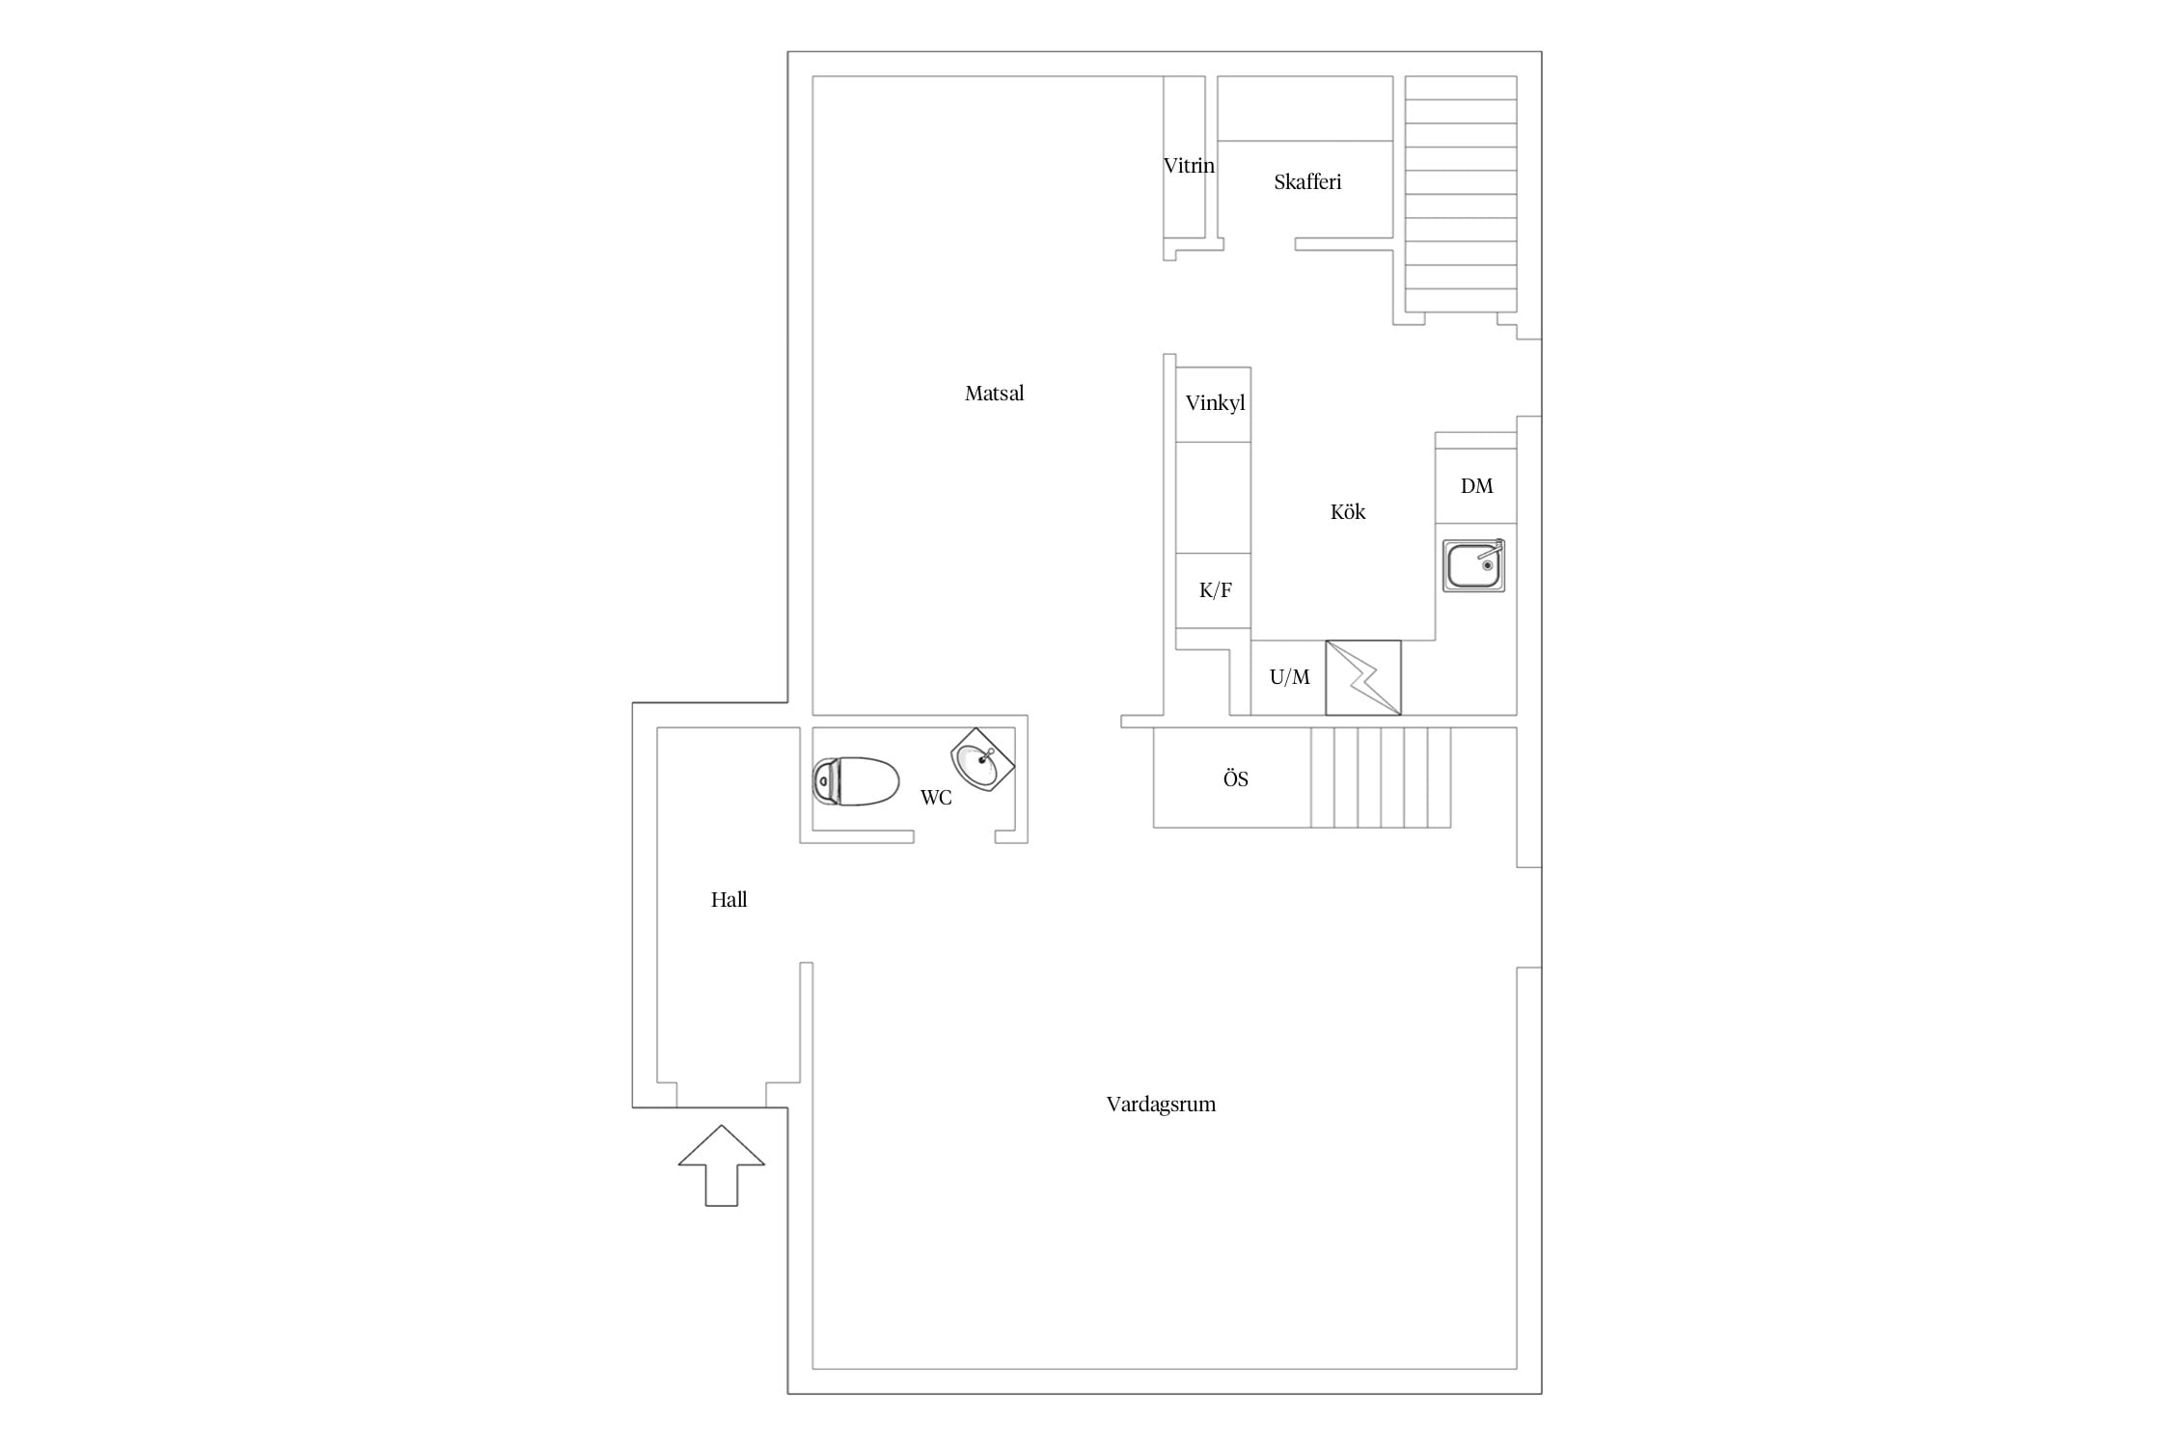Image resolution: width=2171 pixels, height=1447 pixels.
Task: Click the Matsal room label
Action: point(994,394)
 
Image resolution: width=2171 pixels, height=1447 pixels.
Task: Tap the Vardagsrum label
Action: point(1161,1105)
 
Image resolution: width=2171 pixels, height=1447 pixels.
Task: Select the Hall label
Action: point(728,900)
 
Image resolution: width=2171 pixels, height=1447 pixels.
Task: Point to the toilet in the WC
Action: point(856,781)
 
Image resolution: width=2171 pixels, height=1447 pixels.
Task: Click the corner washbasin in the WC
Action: point(983,759)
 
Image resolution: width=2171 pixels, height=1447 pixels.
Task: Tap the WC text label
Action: point(936,798)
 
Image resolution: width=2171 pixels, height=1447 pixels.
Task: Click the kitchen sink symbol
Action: point(1473,565)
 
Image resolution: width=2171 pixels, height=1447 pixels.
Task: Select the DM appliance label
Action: point(1476,486)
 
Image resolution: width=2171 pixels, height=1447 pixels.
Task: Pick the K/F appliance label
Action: point(1215,590)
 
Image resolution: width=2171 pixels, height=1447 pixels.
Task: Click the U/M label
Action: point(1289,677)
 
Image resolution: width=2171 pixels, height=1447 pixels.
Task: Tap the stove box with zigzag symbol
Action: point(1363,678)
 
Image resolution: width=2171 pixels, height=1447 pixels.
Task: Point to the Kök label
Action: point(1348,512)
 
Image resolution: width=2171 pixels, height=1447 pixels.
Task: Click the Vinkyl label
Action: point(1215,403)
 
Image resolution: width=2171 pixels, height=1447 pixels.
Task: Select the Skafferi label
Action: point(1307,182)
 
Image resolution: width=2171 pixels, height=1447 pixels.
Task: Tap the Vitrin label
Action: point(1189,166)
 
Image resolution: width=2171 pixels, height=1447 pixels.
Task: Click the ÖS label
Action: point(1235,778)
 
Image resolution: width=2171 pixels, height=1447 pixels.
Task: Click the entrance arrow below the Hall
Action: point(722,1165)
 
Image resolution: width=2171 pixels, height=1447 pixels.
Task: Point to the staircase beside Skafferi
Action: point(1461,194)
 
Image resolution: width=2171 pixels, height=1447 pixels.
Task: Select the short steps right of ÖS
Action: point(1381,778)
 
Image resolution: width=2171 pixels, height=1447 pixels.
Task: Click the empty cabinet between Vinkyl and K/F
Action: point(1214,498)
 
